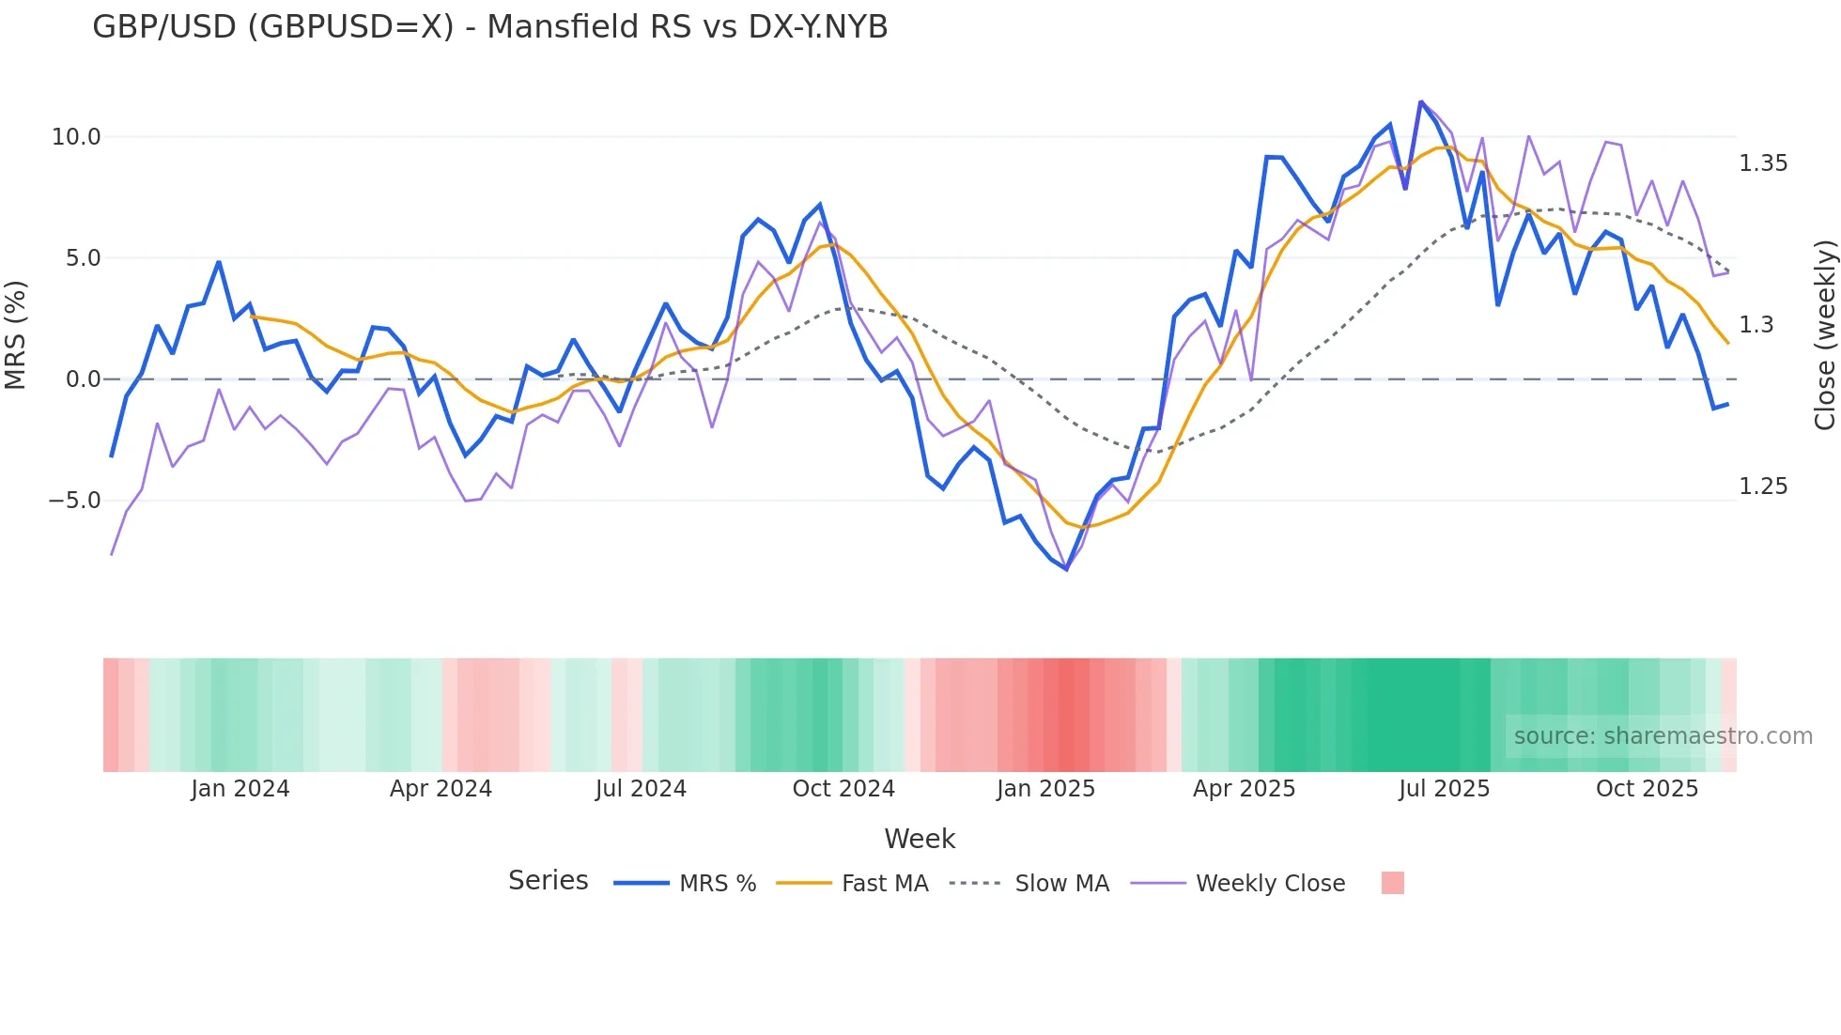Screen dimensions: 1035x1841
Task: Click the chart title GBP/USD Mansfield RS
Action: point(489,27)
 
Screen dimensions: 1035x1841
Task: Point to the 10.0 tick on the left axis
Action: point(75,137)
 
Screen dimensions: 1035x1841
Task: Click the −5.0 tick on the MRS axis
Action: point(74,501)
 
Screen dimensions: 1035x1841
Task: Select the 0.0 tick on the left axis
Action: point(83,379)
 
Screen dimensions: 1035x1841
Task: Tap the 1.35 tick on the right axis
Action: point(1763,163)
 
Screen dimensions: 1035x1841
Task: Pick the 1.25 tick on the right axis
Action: point(1763,487)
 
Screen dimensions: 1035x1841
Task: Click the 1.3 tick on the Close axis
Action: point(1756,325)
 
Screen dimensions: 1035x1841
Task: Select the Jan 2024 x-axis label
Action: point(240,789)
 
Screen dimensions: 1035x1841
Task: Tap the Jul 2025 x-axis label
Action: point(1444,789)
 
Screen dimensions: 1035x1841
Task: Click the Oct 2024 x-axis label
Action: point(843,789)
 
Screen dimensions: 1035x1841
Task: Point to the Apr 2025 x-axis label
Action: point(1244,789)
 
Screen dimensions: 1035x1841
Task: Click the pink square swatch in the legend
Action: point(1393,883)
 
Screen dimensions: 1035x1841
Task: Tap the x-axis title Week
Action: point(920,839)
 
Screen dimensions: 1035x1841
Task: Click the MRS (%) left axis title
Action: point(16,334)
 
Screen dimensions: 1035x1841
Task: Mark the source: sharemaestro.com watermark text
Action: point(1663,736)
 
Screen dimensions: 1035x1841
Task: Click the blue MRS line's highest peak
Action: point(1420,101)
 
